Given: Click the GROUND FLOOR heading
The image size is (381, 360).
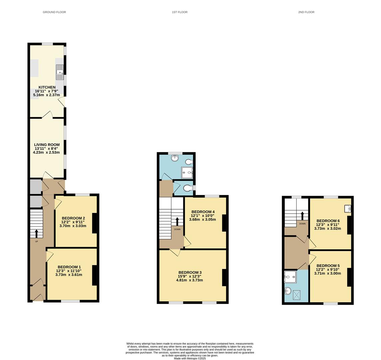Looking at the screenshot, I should coord(54,12).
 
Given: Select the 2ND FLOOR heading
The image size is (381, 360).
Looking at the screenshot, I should coord(306,12).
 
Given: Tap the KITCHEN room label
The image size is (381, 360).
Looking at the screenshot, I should coord(47,87).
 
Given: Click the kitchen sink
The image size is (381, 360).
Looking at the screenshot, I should coord(60,72).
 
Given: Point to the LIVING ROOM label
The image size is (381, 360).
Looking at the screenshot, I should coord(47,145).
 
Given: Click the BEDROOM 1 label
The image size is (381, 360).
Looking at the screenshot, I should coord(69,267).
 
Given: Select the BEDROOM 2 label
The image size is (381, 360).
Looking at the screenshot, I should coord(73,218).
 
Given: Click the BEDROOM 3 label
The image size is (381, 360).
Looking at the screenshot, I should coord(190,273).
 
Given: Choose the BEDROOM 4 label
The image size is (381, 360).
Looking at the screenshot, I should coord(203,212).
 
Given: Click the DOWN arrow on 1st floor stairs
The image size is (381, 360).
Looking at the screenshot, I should coord(177,221).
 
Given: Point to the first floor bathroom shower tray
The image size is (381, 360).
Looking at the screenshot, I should coord(187,173).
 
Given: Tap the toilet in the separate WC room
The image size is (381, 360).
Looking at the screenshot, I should coord(189,188).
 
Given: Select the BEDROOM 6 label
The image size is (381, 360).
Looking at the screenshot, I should coord(328,221).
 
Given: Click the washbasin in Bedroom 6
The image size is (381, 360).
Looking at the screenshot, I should coord(348,209).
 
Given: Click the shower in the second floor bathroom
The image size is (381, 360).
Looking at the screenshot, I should coord(290,277).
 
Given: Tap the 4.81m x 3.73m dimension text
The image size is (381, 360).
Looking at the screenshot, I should coord(190,280).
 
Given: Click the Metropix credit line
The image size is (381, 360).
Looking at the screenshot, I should coord(190,359).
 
